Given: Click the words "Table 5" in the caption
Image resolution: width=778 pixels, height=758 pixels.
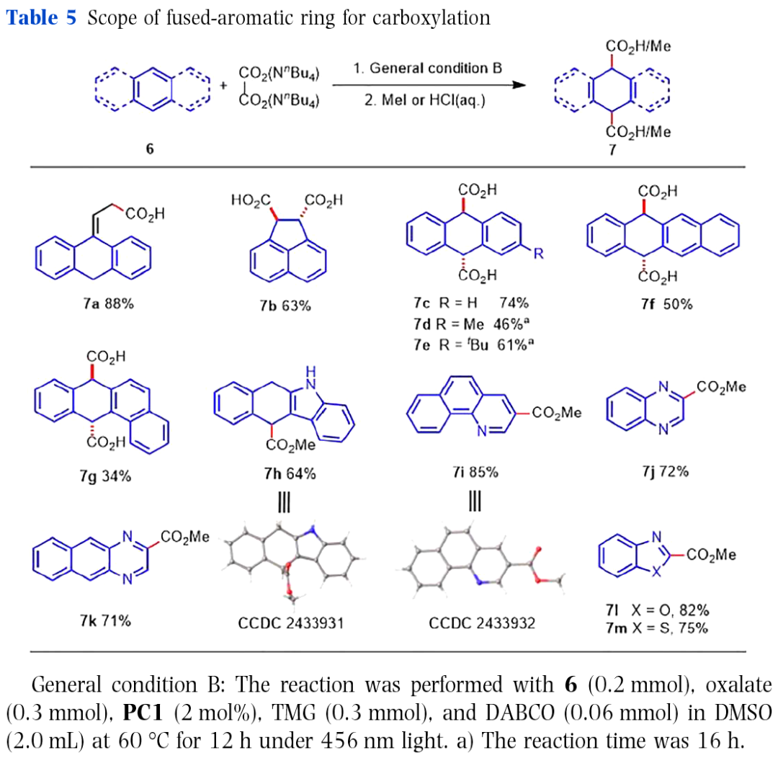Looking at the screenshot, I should click(x=41, y=18).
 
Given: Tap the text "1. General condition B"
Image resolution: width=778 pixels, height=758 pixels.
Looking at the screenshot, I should click(x=427, y=69).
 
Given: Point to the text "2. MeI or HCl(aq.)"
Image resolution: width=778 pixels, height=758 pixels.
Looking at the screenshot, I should click(x=424, y=102).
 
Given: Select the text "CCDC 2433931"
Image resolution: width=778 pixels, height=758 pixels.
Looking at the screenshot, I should click(x=290, y=623).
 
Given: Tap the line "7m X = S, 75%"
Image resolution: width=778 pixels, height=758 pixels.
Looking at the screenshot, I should click(x=656, y=628).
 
